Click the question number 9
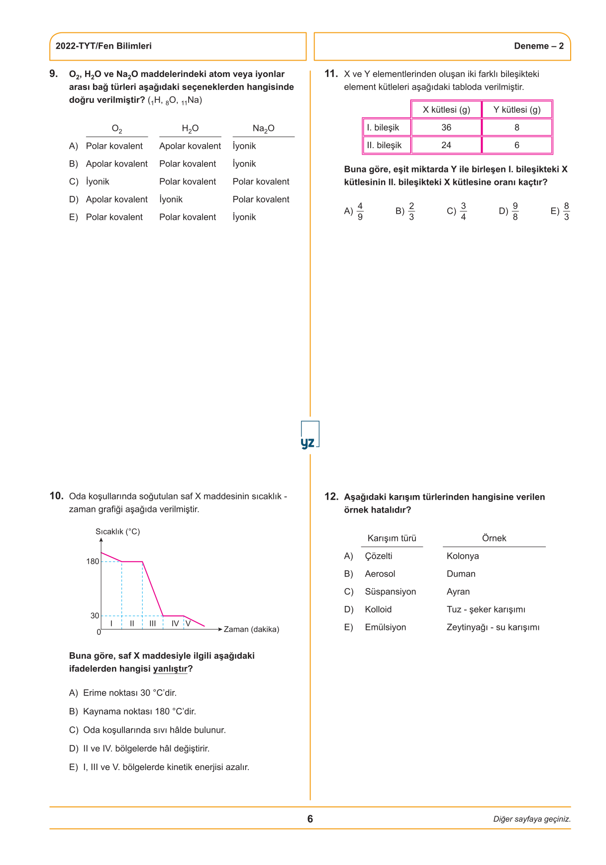click(53, 74)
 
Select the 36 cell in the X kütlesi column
click(446, 127)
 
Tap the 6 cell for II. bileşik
click(516, 145)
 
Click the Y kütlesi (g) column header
click(516, 109)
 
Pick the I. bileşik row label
click(383, 127)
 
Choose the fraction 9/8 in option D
click(515, 211)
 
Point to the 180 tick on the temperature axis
click(93, 561)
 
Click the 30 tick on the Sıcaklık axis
click(95, 615)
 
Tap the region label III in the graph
click(153, 623)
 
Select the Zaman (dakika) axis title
click(251, 629)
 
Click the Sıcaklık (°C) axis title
click(117, 531)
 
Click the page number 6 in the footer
click(310, 819)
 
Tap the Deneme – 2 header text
click(539, 46)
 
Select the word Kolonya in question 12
click(463, 556)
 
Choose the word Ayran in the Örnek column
click(458, 592)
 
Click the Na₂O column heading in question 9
click(263, 128)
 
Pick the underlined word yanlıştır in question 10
click(170, 669)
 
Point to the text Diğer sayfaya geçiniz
click(532, 819)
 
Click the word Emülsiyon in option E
click(385, 627)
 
